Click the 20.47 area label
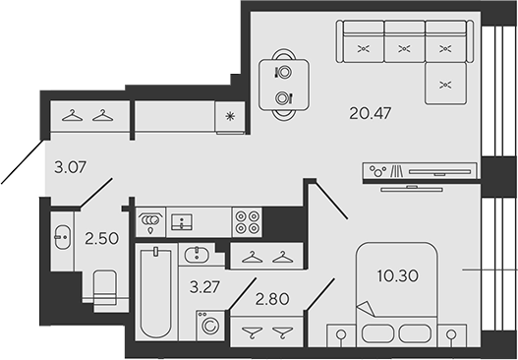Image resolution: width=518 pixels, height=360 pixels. (370, 113)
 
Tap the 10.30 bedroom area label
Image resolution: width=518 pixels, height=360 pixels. (398, 275)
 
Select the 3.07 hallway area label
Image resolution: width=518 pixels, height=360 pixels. (70, 167)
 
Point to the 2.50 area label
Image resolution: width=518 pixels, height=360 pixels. (101, 238)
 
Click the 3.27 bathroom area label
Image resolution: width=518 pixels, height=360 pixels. (204, 287)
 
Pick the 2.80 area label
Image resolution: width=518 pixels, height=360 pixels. (272, 299)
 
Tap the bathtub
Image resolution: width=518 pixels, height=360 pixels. (155, 292)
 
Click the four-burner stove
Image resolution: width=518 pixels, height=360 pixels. (247, 222)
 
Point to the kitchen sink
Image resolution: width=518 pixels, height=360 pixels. (182, 222)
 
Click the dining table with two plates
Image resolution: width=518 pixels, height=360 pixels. (284, 85)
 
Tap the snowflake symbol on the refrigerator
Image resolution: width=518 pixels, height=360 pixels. (230, 116)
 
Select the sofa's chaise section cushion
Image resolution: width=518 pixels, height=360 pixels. (445, 84)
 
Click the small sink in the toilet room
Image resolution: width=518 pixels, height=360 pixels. (63, 237)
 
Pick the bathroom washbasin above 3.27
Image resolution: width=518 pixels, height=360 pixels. (197, 255)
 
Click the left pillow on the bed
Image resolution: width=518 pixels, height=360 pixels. (378, 333)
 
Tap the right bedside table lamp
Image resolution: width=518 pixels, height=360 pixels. (451, 335)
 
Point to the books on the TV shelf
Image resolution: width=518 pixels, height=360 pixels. (397, 171)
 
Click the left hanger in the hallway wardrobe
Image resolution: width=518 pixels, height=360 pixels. (72, 116)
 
